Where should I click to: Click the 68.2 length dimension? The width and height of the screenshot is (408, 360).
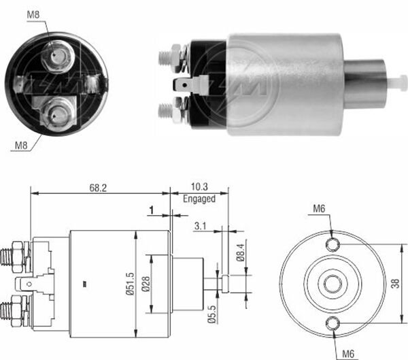pos(99,186)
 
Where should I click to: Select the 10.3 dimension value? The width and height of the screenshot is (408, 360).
pos(199,186)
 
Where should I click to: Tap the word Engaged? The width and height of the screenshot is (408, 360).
pos(199,199)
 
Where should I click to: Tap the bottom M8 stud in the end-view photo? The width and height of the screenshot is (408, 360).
pos(54,114)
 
